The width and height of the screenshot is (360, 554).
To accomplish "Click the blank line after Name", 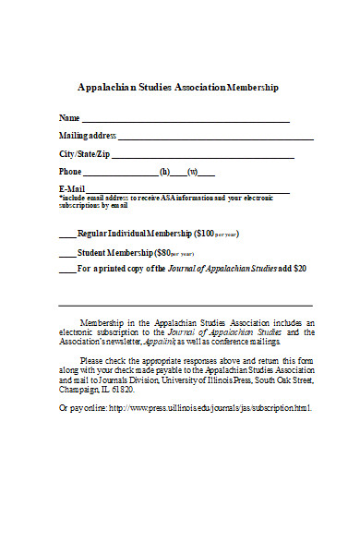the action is (186, 120).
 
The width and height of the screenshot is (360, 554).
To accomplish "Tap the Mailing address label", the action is (88, 136).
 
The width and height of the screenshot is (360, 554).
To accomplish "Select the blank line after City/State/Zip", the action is (202, 156).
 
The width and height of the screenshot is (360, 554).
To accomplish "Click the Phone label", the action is (70, 171).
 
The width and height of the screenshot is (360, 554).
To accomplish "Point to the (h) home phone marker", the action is (165, 171).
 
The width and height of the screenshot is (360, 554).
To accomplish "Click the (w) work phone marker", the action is (193, 171).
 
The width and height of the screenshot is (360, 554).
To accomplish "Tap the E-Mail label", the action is (72, 188).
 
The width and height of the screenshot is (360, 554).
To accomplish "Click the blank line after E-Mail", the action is (188, 191).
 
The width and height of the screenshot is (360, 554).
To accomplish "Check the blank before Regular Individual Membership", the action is (67, 235).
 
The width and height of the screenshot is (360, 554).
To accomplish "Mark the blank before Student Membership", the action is (67, 254).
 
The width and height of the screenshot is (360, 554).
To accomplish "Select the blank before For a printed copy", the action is (67, 271).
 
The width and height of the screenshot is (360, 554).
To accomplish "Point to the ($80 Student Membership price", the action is (163, 252).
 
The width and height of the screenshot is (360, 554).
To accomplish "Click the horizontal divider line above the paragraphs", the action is (186, 305).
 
